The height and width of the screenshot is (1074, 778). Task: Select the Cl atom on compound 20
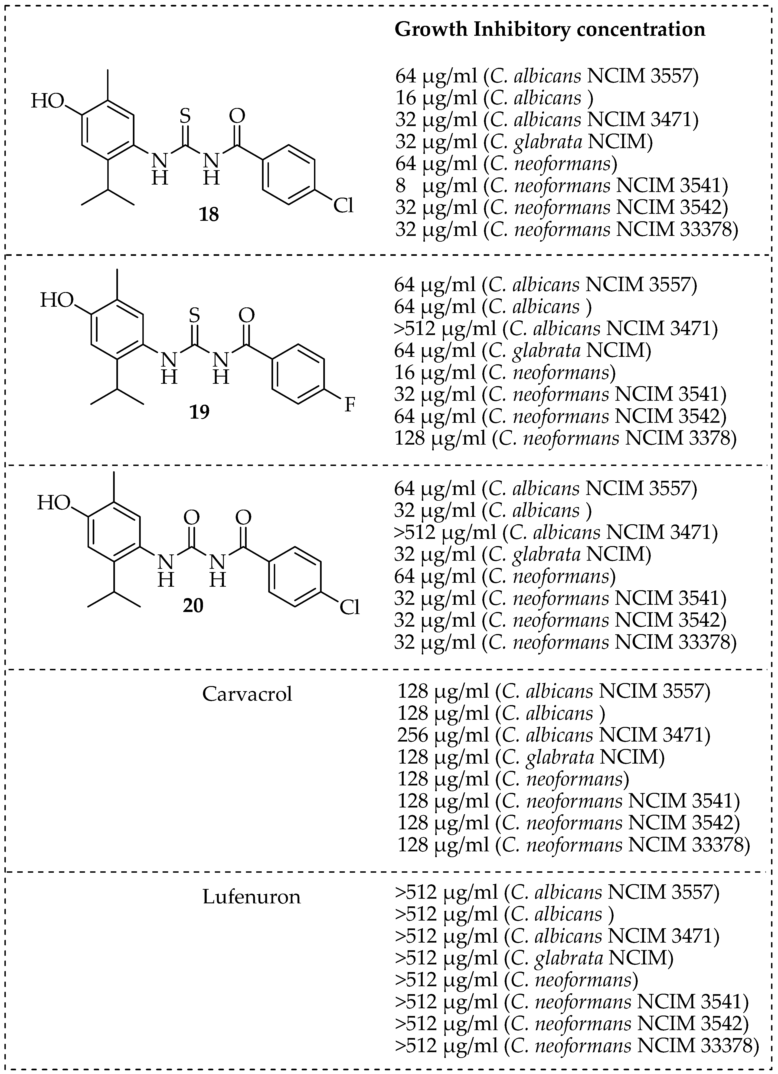[350, 608]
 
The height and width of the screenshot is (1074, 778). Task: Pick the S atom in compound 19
[194, 314]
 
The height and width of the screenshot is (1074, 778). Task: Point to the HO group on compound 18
[47, 101]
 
